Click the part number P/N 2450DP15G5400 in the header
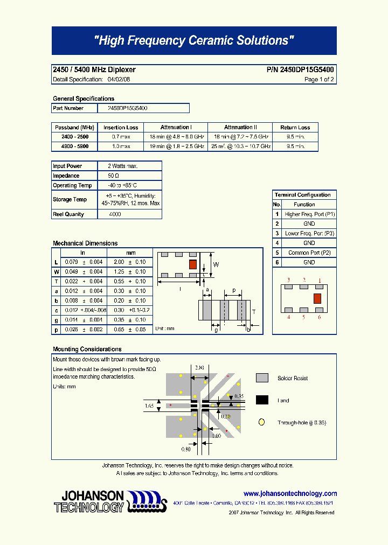(x=300, y=70)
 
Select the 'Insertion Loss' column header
(x=121, y=128)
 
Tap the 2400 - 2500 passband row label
(x=75, y=137)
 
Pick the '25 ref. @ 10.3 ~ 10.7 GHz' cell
(x=240, y=146)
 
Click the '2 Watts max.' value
(x=122, y=166)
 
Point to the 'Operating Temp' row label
(x=72, y=186)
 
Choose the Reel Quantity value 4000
(x=115, y=214)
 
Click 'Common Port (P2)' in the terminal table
(x=309, y=253)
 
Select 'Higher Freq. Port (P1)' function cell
(x=309, y=214)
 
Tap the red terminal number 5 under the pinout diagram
(x=304, y=317)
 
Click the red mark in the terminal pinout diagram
(x=317, y=298)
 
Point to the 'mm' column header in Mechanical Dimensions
(x=131, y=253)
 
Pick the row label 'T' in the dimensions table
(x=56, y=282)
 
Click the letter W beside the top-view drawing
(x=216, y=264)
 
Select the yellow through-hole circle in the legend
(x=262, y=423)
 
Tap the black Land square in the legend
(x=262, y=400)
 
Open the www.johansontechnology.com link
(x=290, y=494)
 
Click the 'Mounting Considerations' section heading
(x=87, y=349)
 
